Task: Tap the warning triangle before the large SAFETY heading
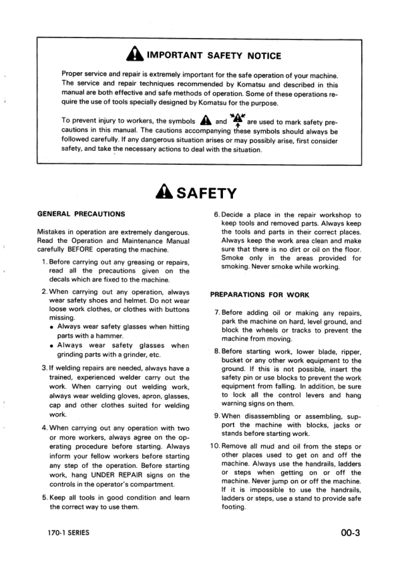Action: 164,194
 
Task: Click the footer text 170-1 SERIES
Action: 64,533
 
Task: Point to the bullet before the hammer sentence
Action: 51,326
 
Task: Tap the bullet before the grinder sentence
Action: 51,346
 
